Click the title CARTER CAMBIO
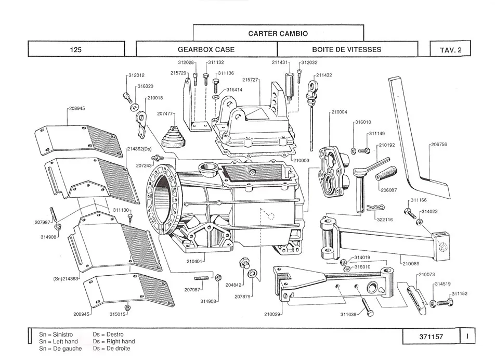278,33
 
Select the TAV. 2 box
451,50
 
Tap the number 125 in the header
76,50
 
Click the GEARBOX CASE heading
206,50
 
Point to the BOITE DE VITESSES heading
347,50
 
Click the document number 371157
431,337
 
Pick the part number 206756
439,144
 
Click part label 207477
165,113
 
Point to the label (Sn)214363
66,279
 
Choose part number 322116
385,219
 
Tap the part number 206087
389,190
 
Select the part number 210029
272,314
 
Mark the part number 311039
348,314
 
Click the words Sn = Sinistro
56,334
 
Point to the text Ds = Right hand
114,341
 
